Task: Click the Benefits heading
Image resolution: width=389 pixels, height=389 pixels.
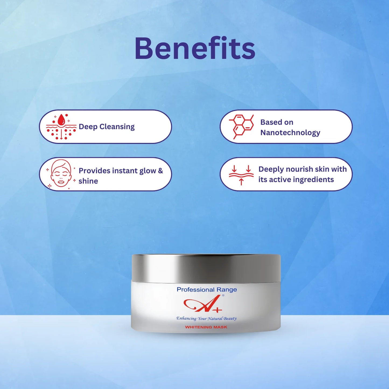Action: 195,49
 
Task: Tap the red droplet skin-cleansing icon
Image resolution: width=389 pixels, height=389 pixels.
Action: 61,127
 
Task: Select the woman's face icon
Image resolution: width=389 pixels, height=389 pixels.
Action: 61,173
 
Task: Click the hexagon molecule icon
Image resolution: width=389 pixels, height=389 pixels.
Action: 242,126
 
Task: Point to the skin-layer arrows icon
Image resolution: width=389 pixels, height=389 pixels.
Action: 241,174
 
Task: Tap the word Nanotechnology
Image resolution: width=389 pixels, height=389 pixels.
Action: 290,132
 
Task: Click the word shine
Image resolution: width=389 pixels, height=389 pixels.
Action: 88,181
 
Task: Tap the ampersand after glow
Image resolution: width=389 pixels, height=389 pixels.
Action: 160,171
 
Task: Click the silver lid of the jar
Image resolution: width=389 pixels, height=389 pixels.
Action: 206,268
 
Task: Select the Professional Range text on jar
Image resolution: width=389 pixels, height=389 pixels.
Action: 207,290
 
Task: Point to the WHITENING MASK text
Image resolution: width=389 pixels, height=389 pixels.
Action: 206,327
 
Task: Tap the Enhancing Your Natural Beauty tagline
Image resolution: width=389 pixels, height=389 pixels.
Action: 206,318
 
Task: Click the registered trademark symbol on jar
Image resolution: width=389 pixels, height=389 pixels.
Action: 223,296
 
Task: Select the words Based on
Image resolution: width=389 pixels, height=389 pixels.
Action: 277,122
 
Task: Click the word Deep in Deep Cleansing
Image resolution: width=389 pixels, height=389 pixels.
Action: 88,127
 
